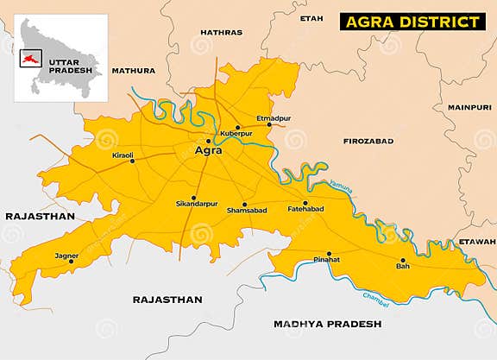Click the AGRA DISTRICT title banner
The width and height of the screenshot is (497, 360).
410,21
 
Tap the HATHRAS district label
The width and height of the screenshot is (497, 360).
221,32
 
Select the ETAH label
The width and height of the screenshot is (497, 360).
311,18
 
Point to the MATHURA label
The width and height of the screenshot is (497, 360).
133,70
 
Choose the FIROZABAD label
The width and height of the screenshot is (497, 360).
368,140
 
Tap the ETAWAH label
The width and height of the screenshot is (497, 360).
477,241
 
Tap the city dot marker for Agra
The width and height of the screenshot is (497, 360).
208,141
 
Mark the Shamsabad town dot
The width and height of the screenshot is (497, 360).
244,205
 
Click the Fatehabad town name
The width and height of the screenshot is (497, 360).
305,210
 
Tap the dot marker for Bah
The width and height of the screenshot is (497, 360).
402,260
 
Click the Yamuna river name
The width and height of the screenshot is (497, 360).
341,184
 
